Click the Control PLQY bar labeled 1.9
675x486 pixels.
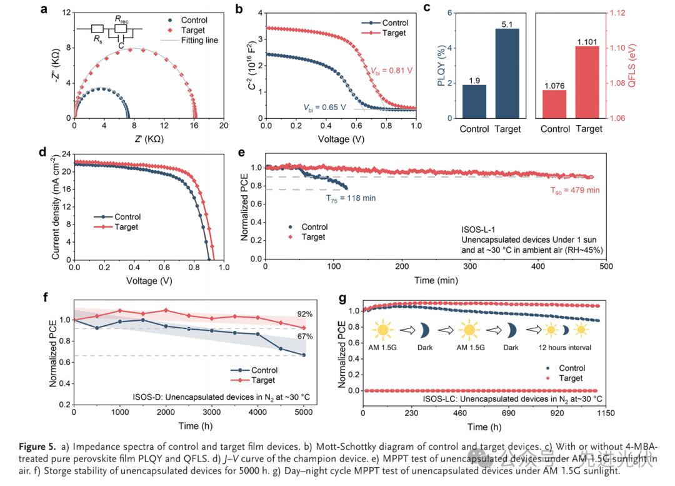coord(474,101)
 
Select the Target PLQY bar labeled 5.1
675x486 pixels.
coord(507,73)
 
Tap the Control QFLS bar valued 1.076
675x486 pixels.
coord(555,104)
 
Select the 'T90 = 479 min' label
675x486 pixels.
coord(574,190)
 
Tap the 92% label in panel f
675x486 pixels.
coord(304,314)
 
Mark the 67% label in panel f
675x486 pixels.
coord(304,337)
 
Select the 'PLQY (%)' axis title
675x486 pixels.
coord(442,64)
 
